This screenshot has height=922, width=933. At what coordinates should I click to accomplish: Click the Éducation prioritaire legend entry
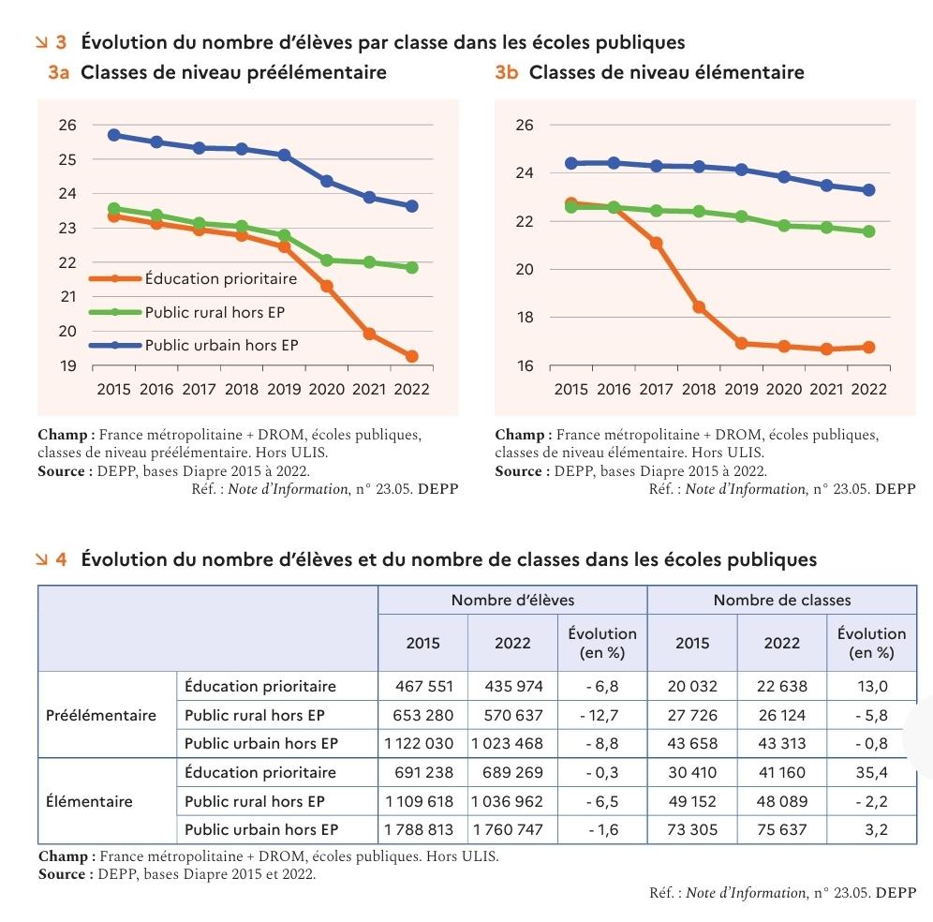pyautogui.click(x=220, y=278)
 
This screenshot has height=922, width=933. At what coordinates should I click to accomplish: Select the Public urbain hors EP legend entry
pyautogui.click(x=221, y=345)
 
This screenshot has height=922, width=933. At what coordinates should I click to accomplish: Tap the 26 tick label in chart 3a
pyautogui.click(x=68, y=125)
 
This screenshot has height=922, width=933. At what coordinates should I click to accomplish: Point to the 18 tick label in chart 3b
pyautogui.click(x=525, y=318)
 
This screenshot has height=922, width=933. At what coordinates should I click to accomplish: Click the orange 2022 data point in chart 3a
pyautogui.click(x=411, y=356)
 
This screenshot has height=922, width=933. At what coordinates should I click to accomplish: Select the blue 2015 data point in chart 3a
pyautogui.click(x=114, y=135)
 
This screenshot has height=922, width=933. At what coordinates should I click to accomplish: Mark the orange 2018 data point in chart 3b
pyautogui.click(x=699, y=307)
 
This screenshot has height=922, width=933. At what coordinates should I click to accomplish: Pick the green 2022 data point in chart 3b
pyautogui.click(x=868, y=231)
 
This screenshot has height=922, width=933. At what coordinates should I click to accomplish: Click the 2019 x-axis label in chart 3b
pyautogui.click(x=741, y=389)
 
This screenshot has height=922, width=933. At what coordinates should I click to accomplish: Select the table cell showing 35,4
pyautogui.click(x=871, y=772)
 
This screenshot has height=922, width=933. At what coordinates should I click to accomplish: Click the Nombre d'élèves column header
pyautogui.click(x=512, y=600)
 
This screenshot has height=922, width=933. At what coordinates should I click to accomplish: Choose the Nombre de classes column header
pyautogui.click(x=781, y=600)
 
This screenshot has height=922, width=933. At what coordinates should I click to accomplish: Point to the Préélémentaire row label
pyautogui.click(x=101, y=715)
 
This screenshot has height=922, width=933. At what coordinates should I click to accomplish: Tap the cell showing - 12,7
pyautogui.click(x=601, y=715)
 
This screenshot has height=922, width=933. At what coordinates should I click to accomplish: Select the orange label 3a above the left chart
pyautogui.click(x=59, y=73)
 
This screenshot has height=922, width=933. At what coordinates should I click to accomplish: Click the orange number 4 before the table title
pyautogui.click(x=61, y=559)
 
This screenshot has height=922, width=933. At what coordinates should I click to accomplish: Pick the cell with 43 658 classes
pyautogui.click(x=692, y=743)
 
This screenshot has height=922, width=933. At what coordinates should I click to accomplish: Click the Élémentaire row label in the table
pyautogui.click(x=89, y=801)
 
